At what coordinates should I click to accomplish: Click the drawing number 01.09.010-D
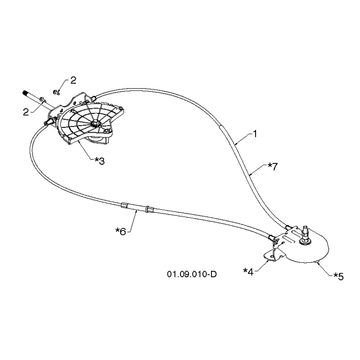192,274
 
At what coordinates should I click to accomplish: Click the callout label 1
255,134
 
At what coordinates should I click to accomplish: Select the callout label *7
273,166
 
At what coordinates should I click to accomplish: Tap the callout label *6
121,231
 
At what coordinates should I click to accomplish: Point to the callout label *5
338,276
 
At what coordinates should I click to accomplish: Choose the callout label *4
248,272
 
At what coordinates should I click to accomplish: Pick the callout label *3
99,161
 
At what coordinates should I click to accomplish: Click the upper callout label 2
73,81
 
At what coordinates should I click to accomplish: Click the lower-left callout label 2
26,112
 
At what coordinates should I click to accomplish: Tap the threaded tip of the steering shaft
25,93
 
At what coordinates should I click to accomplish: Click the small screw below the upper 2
56,92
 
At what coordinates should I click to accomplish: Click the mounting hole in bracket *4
272,256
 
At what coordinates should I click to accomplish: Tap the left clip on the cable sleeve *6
124,205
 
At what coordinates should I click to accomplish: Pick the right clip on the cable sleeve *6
150,209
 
